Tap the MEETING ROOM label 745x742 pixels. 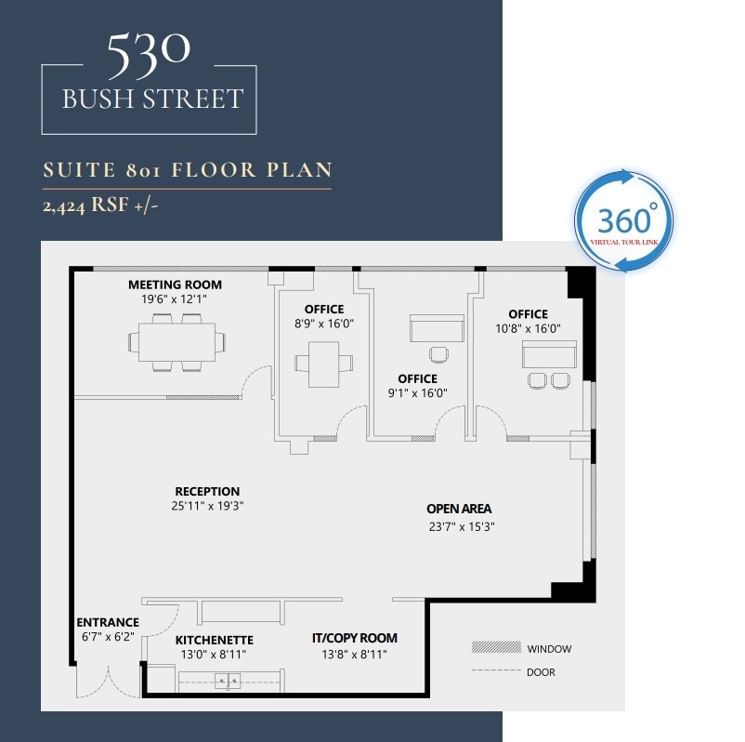point(175,285)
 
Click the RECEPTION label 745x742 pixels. point(207,491)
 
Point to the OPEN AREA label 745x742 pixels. point(459,509)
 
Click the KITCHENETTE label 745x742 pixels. point(215,641)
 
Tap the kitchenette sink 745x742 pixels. point(228,682)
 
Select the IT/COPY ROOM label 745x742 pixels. point(354,638)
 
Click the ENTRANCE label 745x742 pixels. point(108,622)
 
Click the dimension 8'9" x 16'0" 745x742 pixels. point(323,324)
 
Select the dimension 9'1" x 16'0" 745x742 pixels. point(417,392)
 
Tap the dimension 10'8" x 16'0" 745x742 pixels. point(528,328)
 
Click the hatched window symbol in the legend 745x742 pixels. point(494,648)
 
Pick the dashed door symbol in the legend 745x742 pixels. point(494,671)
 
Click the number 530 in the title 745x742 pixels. point(149,58)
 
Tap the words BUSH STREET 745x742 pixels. point(152,99)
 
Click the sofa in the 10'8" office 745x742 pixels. point(549,354)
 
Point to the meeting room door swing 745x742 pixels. point(256,381)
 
